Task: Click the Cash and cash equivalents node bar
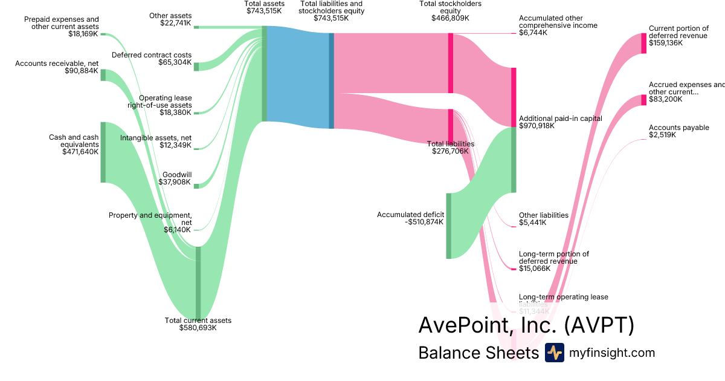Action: coord(103,152)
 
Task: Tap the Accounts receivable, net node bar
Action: coord(103,75)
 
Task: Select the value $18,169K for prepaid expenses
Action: coord(83,34)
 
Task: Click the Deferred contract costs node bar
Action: coord(196,67)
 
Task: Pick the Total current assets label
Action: coord(198,321)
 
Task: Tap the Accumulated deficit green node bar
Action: coord(449,226)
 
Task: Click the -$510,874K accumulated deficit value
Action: coord(424,222)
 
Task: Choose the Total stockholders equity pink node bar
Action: coord(451,63)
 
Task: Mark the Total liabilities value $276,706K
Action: coord(450,151)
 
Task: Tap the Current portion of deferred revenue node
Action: coord(643,44)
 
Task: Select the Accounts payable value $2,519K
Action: coord(662,135)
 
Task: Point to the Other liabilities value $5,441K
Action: coord(533,223)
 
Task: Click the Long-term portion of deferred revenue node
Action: coord(514,269)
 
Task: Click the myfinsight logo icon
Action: coord(554,353)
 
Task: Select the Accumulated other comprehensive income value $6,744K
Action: coord(533,33)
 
